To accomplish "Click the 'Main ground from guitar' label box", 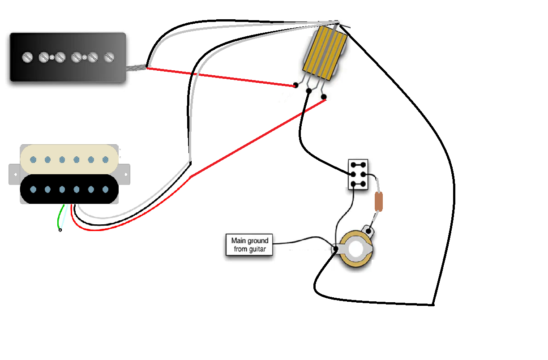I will click(x=249, y=245).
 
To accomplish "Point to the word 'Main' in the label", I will click(x=238, y=241).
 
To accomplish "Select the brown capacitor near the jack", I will click(x=379, y=201).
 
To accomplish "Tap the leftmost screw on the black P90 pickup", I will click(x=27, y=57).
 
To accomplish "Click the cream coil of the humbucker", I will click(x=69, y=159).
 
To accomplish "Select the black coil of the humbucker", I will click(x=69, y=190).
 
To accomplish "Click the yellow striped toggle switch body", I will click(x=325, y=49).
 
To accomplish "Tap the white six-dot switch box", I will click(x=358, y=174).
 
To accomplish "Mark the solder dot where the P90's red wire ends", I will click(x=295, y=85).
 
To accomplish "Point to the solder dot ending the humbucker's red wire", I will click(x=324, y=96).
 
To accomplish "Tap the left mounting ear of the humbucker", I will click(x=14, y=174).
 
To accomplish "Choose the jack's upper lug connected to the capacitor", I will click(x=369, y=231).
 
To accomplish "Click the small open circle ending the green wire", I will click(x=60, y=230).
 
